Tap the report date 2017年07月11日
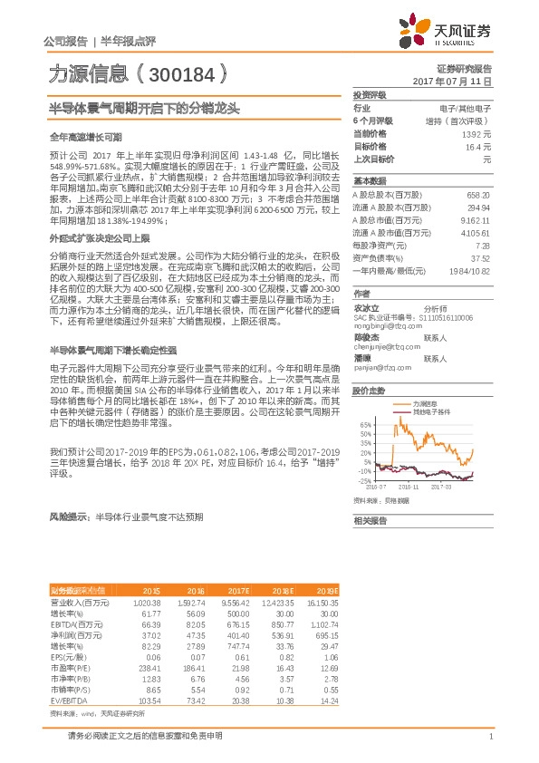point(464,82)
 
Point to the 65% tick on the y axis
point(365,424)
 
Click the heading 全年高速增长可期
point(84,135)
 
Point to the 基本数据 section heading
point(369,180)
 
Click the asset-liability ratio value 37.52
point(481,257)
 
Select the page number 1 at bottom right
point(490,736)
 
